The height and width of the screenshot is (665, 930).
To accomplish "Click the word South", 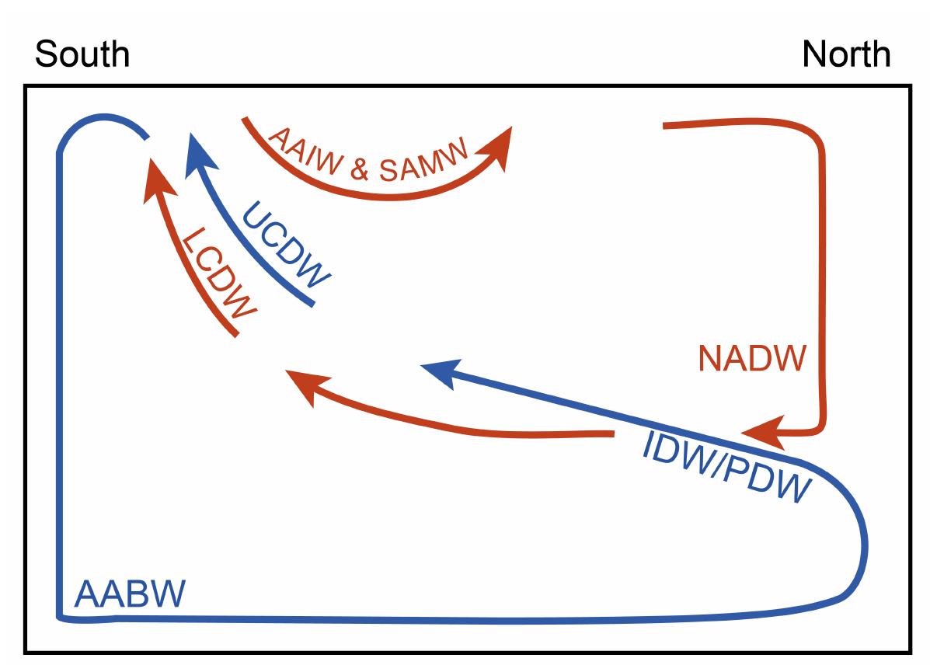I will [x=82, y=54].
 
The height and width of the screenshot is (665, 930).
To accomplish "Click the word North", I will [x=846, y=54].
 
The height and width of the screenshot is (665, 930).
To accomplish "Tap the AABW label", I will [x=131, y=595].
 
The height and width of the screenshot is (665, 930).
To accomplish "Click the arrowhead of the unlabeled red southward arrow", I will [x=304, y=384].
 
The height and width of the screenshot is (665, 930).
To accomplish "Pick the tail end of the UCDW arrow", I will [x=312, y=305].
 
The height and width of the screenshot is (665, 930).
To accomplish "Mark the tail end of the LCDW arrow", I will [x=235, y=335].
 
